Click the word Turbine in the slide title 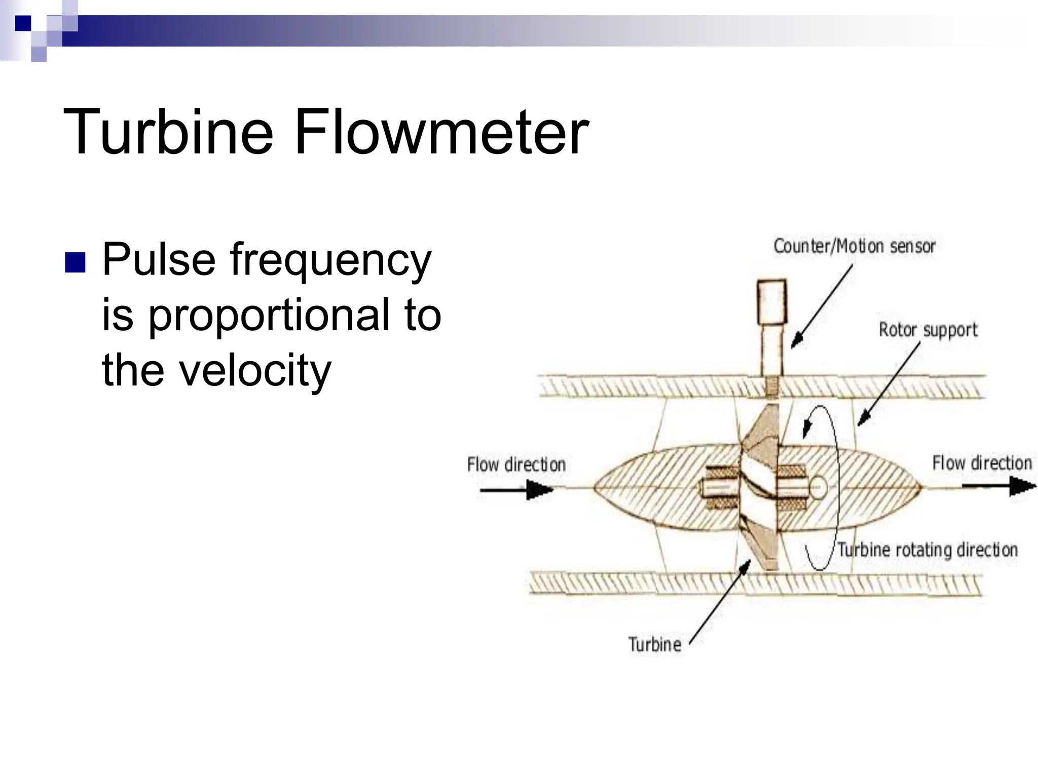[168, 133]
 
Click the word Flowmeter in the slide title [441, 133]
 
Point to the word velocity [255, 370]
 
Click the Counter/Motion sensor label [854, 247]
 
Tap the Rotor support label [928, 330]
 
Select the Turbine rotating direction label [927, 550]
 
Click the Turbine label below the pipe [654, 644]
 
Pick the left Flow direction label [516, 464]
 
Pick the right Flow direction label [982, 463]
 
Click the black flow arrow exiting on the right [998, 486]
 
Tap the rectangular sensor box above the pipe [771, 302]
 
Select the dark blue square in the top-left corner [23, 23]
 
